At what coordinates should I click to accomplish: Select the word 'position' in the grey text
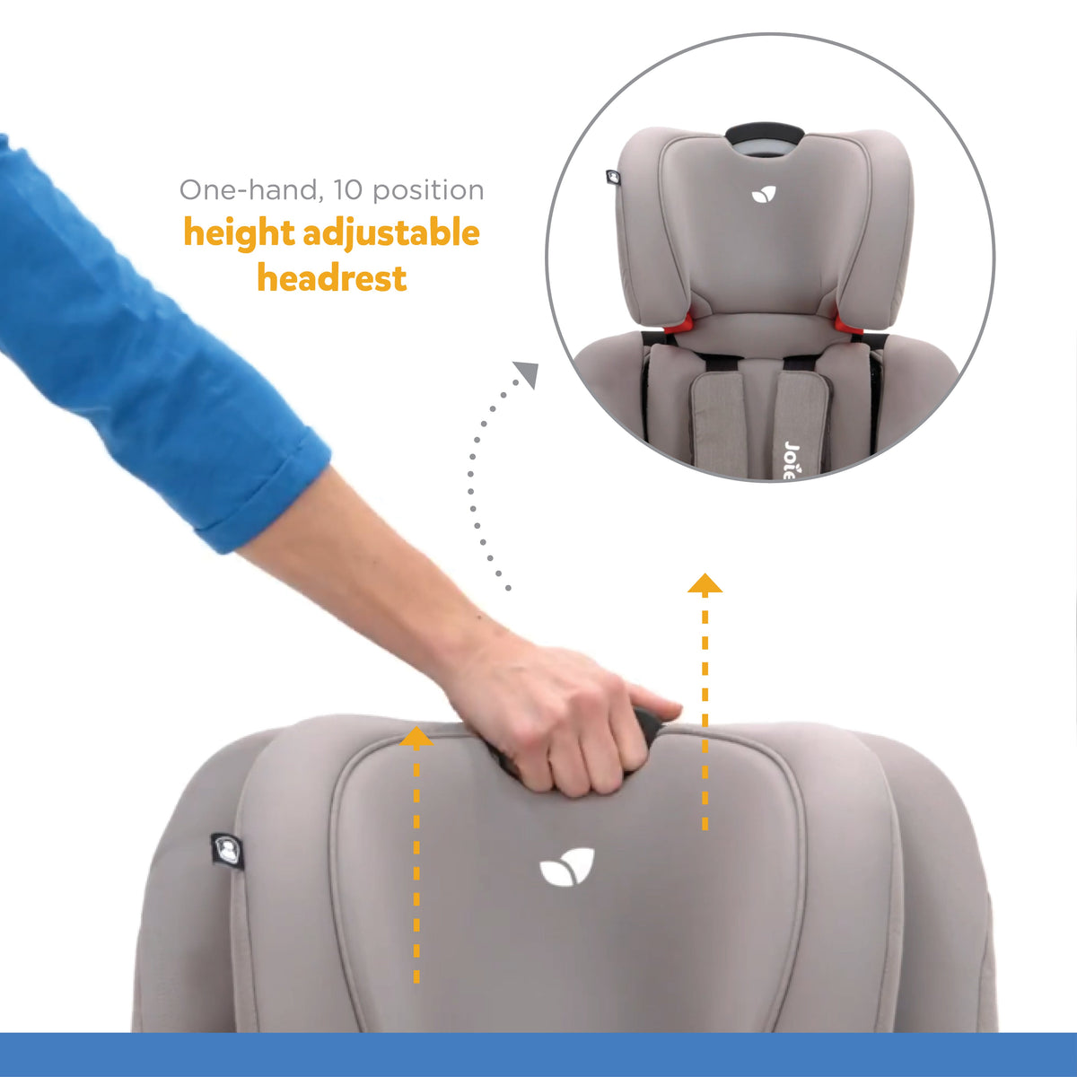428,191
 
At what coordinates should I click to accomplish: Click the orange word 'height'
239,233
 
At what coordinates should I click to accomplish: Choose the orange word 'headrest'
332,278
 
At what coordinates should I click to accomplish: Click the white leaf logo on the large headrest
566,868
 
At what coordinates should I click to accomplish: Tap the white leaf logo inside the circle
764,193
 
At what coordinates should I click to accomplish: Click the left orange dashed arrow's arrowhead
416,738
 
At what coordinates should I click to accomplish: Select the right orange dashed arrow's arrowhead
705,583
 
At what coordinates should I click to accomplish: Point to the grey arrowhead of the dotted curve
527,373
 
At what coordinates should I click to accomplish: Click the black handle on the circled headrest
764,134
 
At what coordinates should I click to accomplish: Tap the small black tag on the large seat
227,849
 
